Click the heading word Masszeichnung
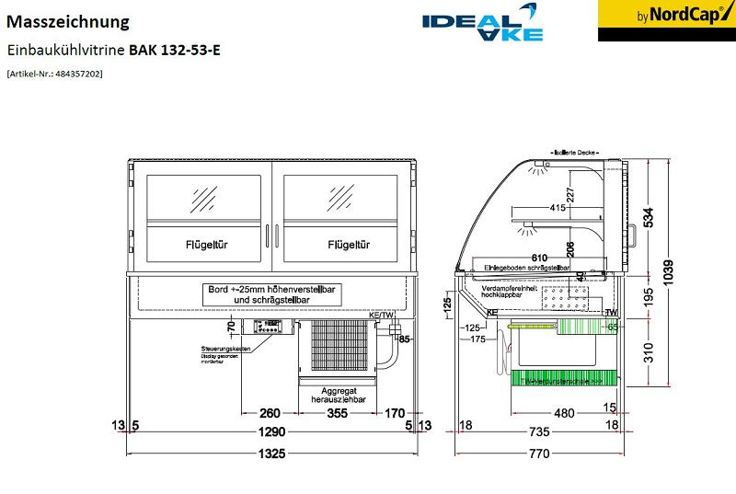point(67,21)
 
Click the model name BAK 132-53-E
point(174,50)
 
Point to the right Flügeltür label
point(349,245)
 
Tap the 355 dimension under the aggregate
point(337,413)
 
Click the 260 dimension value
point(270,413)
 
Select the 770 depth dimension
point(539,453)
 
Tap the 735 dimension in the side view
point(539,431)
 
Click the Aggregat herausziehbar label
point(337,396)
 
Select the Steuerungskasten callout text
point(228,350)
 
